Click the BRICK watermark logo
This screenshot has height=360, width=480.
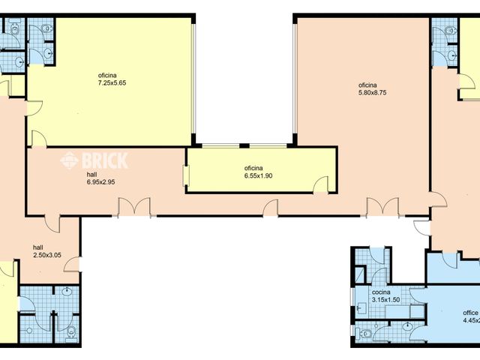coord(94,160)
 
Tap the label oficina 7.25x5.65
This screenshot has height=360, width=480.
coord(111,78)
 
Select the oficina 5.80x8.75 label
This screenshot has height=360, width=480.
coord(372,88)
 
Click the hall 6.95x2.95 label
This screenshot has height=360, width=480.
coord(100,178)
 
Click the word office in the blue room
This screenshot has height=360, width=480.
coord(470,313)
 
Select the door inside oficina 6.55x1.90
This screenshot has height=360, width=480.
coord(321,184)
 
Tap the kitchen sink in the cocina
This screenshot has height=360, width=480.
coord(361,306)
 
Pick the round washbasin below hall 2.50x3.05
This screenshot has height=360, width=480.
coord(68,293)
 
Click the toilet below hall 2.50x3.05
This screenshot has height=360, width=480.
coord(70,332)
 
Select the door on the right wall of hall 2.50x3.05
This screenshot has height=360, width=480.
coord(74,264)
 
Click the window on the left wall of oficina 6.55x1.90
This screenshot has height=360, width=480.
coord(186,172)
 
